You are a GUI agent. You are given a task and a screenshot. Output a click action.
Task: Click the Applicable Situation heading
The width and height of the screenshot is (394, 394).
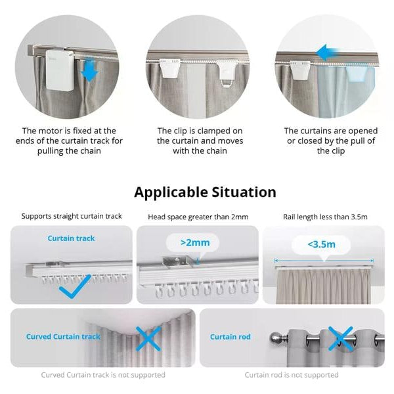point(205,192)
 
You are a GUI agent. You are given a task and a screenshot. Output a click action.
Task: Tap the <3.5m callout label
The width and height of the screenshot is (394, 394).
point(321,244)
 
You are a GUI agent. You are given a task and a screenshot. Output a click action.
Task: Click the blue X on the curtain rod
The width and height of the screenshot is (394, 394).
point(341,338)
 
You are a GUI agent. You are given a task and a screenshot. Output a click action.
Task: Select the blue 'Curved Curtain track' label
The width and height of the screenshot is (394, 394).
point(63,337)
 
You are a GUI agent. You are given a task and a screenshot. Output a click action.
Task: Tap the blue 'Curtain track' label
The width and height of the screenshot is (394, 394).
point(71,238)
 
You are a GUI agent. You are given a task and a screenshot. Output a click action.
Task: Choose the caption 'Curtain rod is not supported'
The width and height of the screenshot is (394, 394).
point(292,375)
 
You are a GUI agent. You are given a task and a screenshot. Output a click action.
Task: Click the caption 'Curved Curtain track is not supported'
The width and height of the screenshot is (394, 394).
point(103,375)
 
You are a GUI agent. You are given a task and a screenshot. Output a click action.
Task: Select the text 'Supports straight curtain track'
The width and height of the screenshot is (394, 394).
point(72,216)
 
